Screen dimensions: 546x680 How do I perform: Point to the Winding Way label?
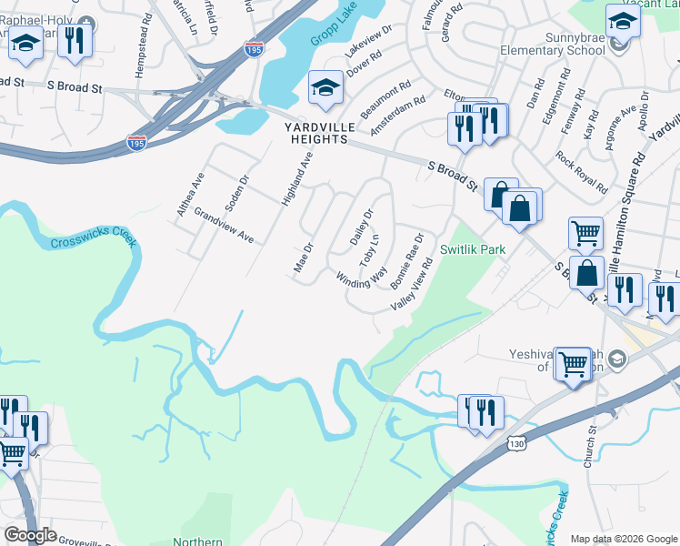coord(362,272)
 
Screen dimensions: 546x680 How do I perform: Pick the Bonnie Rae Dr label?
coord(406,261)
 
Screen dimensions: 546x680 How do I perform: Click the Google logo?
coord(30,535)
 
